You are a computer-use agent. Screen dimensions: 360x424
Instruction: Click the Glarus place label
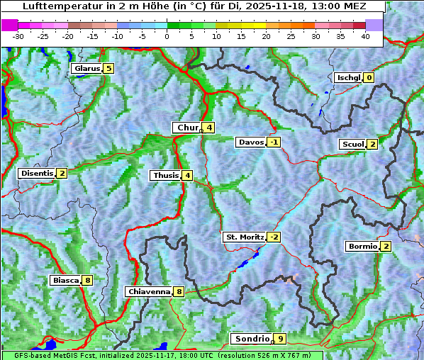[x=86, y=69]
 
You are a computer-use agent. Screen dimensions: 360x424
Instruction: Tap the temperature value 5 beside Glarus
[x=108, y=69]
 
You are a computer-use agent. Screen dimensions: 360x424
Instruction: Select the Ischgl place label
[x=348, y=78]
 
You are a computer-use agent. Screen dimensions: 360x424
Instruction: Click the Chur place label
[x=187, y=128]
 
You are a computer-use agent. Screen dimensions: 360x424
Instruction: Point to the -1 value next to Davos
[x=274, y=142]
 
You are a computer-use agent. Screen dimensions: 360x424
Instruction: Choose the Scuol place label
[x=352, y=145]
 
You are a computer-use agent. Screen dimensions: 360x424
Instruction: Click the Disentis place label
[x=36, y=174]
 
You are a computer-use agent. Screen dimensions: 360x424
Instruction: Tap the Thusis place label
[x=165, y=176]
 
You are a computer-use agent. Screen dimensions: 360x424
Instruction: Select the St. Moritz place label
[x=244, y=237]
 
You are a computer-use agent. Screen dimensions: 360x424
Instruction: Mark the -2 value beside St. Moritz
[x=274, y=237]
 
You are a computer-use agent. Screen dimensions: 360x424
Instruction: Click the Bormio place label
[x=362, y=247]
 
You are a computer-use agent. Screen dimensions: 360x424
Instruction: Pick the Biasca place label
[x=65, y=281]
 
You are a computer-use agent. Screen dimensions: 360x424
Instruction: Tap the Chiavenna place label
[x=148, y=291]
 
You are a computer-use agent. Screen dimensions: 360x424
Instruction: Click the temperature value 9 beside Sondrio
[x=281, y=339]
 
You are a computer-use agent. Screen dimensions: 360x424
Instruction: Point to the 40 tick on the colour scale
[x=366, y=36]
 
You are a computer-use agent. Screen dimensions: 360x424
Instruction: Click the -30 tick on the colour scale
[x=18, y=36]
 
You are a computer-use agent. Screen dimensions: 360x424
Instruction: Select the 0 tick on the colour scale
[x=167, y=36]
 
